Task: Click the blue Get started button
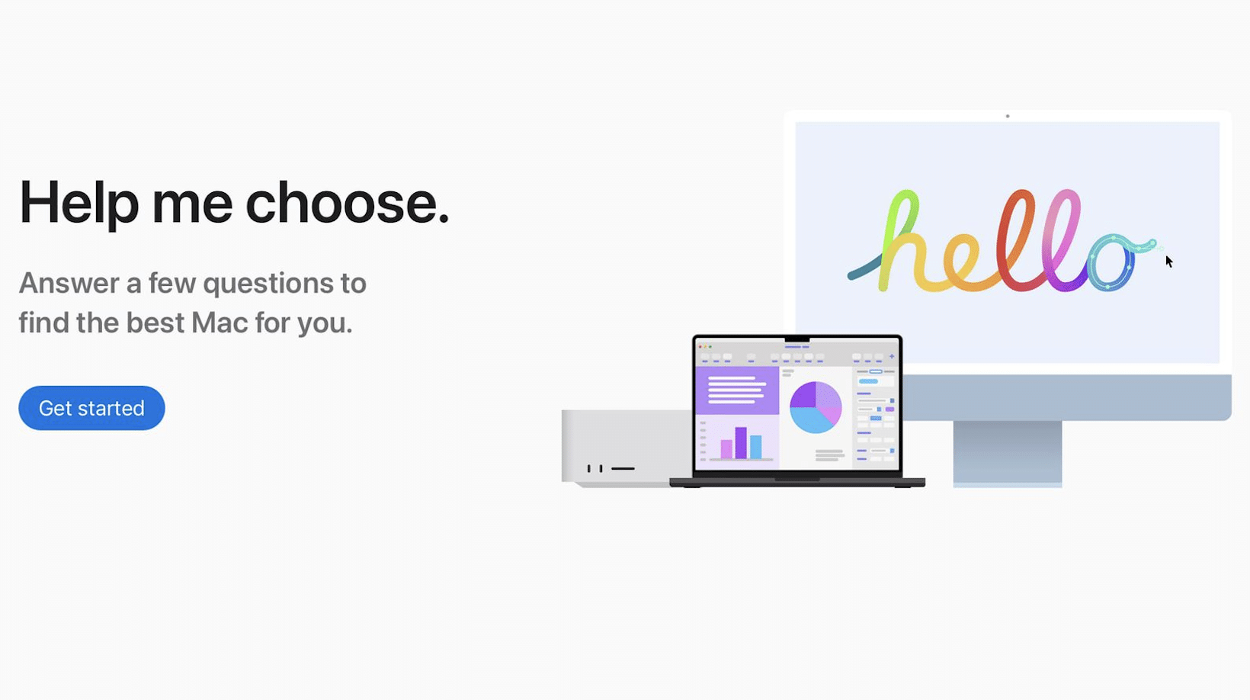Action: (x=91, y=408)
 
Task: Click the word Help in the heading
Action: (x=79, y=204)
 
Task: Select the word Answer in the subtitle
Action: (x=69, y=283)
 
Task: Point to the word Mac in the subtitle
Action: (x=220, y=323)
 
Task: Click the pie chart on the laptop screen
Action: (x=816, y=407)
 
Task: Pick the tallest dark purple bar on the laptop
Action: (x=741, y=443)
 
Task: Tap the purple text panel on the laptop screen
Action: (x=736, y=390)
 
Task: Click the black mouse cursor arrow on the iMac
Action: (x=1169, y=262)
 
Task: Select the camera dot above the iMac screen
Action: (x=1008, y=116)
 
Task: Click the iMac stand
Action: (x=1008, y=454)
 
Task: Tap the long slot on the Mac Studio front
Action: (x=623, y=468)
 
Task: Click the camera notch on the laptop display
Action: (x=797, y=339)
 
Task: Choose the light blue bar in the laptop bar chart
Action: (x=755, y=447)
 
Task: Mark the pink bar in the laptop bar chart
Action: (x=726, y=449)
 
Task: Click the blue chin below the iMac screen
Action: (x=1066, y=397)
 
